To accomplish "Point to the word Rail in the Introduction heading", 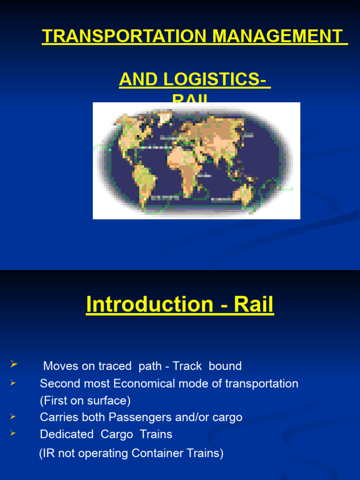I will pos(254,305).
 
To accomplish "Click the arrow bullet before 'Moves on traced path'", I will pos(13,364).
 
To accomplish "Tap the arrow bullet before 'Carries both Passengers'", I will pos(13,416).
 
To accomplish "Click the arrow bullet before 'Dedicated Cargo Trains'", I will pos(13,434).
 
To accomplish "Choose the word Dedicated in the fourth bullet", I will pos(67,435).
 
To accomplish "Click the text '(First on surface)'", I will pos(85,401).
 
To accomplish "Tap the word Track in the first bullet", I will pos(189,366).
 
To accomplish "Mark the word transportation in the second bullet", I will pos(262,384).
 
